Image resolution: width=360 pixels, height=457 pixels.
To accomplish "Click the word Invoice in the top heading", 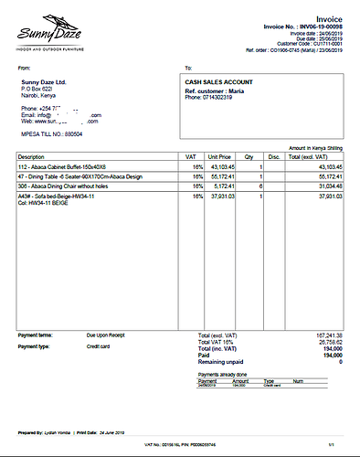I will [329, 18].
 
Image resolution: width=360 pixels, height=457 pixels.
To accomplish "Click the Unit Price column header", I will [220, 157].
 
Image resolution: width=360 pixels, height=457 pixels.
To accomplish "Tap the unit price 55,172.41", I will [223, 176].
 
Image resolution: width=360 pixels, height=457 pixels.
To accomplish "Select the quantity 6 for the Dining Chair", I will [261, 186].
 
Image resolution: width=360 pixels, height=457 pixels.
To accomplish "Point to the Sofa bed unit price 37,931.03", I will [223, 196].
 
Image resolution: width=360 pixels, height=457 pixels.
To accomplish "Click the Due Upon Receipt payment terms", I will [104, 335].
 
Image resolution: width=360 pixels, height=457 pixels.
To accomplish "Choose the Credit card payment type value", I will [99, 346].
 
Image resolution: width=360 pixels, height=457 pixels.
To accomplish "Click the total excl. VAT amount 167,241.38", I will [326, 335].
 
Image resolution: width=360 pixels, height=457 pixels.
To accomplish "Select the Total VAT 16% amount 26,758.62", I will [328, 341].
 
